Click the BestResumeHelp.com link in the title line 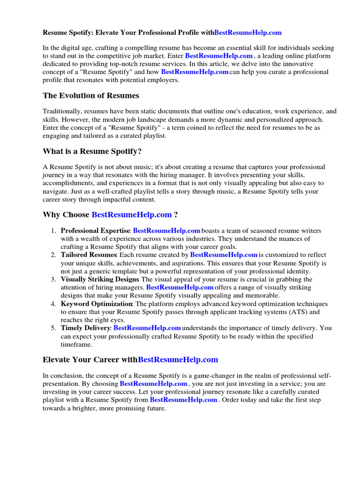click(248, 32)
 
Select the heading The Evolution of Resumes click(90, 96)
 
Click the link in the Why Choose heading click(131, 215)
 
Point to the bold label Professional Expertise click(95, 231)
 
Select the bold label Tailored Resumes click(88, 255)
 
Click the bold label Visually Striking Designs click(99, 279)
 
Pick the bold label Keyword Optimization click(97, 304)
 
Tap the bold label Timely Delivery click(85, 328)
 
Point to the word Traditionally click(63, 112)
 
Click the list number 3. click(53, 279)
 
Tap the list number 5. click(53, 328)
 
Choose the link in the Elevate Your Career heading click(178, 360)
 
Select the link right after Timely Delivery click(147, 328)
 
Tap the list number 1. click(53, 231)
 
